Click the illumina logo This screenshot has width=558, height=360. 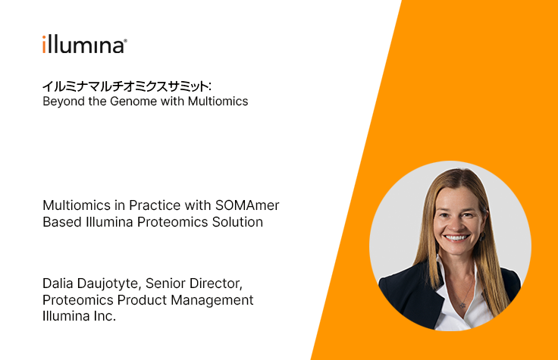(85, 45)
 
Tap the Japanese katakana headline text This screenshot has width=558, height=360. (127, 86)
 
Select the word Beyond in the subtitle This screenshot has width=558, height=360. (64, 102)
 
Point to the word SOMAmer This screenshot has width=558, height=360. (247, 205)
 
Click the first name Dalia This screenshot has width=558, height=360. (58, 283)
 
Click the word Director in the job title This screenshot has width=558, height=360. (216, 284)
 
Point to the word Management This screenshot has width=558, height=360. (212, 300)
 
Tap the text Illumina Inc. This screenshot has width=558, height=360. (79, 316)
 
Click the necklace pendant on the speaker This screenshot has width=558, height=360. (462, 305)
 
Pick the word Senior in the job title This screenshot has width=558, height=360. (165, 283)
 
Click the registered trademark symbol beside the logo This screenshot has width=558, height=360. (125, 41)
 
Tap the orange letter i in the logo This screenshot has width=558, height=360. (44, 44)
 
